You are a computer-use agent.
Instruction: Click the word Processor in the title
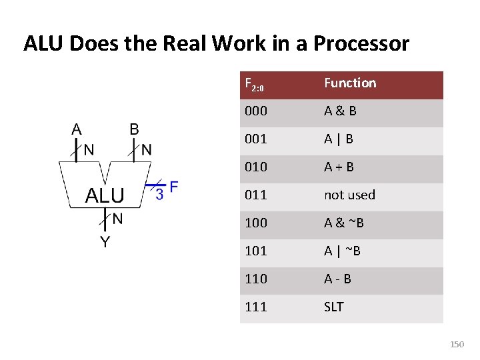[361, 44]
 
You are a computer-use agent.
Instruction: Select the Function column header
[350, 83]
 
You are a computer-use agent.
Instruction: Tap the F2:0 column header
[255, 85]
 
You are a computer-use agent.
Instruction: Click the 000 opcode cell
[256, 111]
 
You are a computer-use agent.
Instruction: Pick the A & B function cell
[340, 111]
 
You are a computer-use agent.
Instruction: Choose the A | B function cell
[339, 139]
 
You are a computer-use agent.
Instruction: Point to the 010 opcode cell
[256, 167]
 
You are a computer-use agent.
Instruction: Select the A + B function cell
[339, 167]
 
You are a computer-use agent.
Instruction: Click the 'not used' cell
[349, 195]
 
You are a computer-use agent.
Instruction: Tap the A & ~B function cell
[344, 223]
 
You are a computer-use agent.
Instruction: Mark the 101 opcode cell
[256, 251]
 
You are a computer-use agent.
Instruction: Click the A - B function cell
[337, 279]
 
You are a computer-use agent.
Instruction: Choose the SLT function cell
[334, 307]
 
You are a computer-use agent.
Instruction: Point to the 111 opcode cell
[256, 307]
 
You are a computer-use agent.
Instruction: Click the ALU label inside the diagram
[105, 195]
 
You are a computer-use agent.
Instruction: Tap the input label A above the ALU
[77, 129]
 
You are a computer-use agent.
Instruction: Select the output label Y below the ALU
[105, 241]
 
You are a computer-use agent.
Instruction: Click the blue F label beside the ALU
[174, 187]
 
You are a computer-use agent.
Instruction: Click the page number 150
[457, 345]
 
